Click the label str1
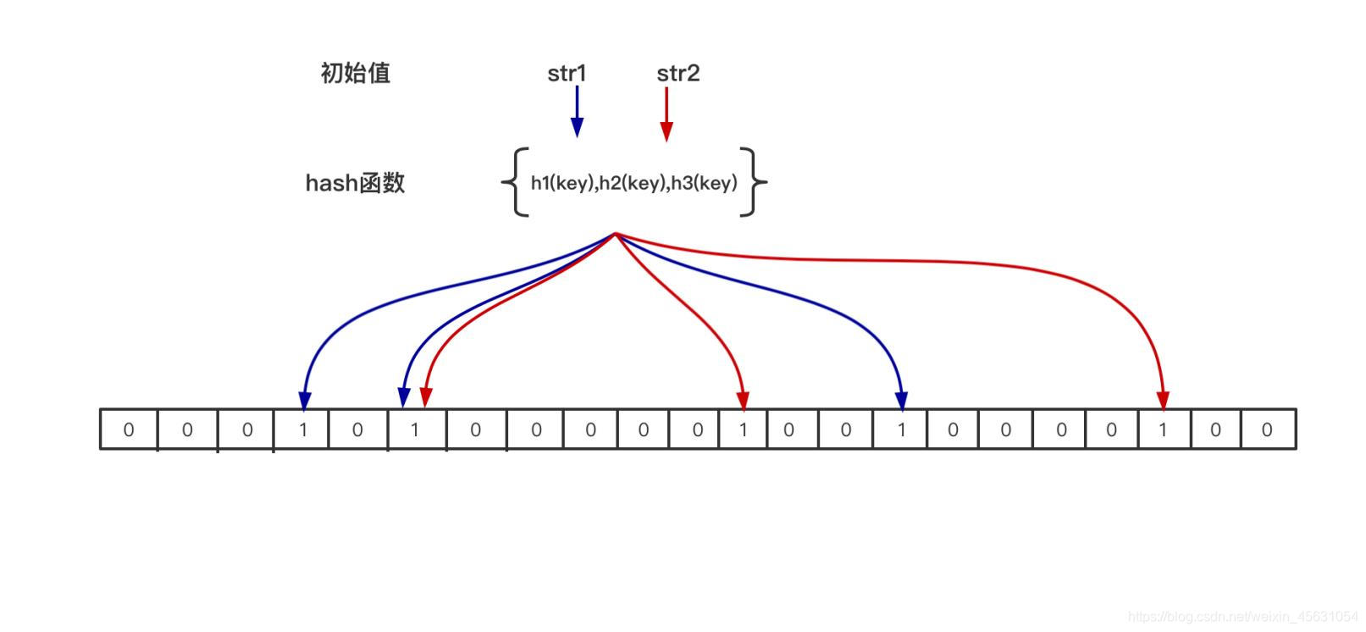(567, 74)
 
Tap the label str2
(677, 74)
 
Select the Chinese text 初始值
(356, 74)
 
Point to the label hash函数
(355, 183)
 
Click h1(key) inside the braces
(562, 183)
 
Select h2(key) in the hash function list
(633, 183)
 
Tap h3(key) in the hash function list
(704, 183)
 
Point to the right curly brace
(753, 182)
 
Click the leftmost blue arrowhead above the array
(305, 400)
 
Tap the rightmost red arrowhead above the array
(1163, 400)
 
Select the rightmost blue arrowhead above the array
(902, 400)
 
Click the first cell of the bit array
(129, 430)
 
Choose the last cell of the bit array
(1268, 430)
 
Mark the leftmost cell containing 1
(302, 430)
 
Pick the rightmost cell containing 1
(1163, 430)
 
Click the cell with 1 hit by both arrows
(415, 430)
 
